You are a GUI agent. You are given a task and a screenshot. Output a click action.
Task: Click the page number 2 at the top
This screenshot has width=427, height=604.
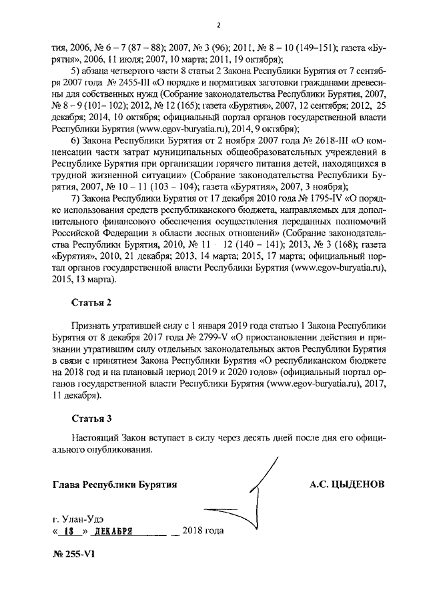point(218,25)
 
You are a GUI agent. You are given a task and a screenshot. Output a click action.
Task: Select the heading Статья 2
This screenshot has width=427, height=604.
point(92,302)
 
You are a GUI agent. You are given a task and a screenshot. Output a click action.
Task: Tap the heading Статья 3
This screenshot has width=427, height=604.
point(92,418)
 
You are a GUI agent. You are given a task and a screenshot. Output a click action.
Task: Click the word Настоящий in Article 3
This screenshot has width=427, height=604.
point(96,438)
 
